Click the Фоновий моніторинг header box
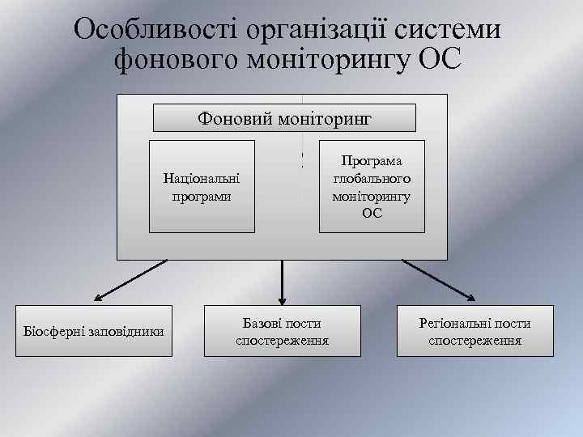(x=284, y=118)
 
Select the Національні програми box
(x=202, y=186)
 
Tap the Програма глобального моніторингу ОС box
(x=372, y=186)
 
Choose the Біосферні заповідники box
(x=93, y=330)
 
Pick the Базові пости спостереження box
(x=282, y=330)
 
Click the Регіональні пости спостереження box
(x=474, y=330)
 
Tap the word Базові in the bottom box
(x=260, y=323)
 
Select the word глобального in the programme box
(x=372, y=178)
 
